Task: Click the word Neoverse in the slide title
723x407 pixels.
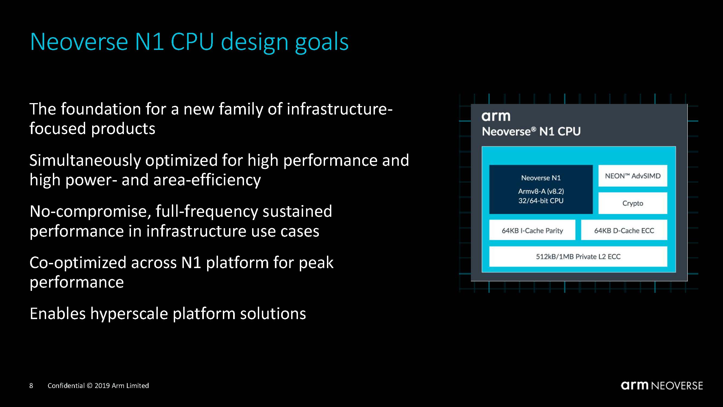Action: (79, 42)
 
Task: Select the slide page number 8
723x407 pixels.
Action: (31, 386)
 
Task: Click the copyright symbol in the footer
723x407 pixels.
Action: (89, 386)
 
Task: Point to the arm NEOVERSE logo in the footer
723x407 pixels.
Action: (662, 386)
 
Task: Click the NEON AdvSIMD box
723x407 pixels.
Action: (633, 176)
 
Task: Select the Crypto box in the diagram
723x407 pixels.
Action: (633, 203)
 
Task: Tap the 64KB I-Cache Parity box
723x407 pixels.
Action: (532, 230)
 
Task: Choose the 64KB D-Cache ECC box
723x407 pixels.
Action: (624, 230)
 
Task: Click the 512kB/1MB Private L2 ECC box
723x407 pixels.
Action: (578, 256)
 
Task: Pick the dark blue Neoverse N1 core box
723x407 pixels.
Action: (541, 189)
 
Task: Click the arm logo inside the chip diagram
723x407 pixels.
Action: (496, 116)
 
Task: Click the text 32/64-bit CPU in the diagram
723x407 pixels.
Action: (541, 201)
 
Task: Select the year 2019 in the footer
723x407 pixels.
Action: (102, 386)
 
